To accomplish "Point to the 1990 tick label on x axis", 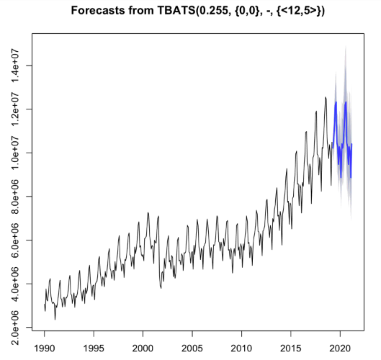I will pos(45,347).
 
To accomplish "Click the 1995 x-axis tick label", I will pos(94,347).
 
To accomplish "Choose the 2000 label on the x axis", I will pos(143,347).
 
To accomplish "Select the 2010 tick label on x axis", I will pos(241,347).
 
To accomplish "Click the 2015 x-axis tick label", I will pos(290,347).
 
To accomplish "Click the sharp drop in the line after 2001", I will pos(160,287).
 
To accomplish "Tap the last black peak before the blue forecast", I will pos(326,97).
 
